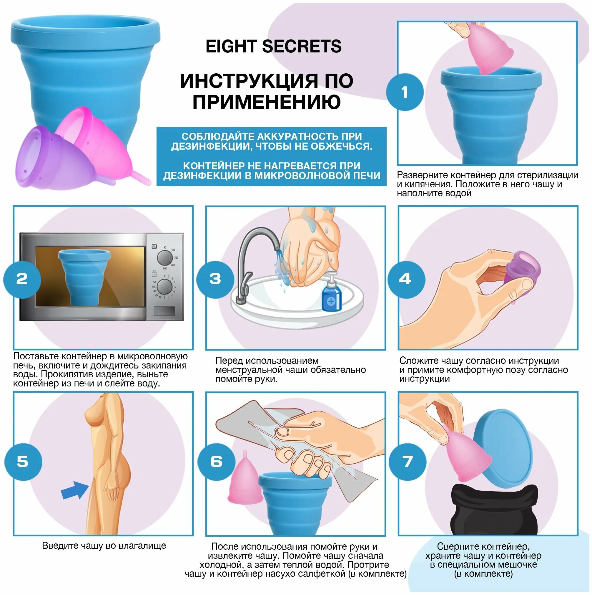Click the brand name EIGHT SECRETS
tap(273, 47)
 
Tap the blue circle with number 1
tap(405, 92)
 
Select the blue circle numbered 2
tap(22, 279)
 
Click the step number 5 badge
tap(23, 462)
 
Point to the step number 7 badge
tap(408, 462)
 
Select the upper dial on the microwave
tap(165, 257)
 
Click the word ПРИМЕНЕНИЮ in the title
tap(267, 102)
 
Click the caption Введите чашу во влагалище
tap(104, 554)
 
